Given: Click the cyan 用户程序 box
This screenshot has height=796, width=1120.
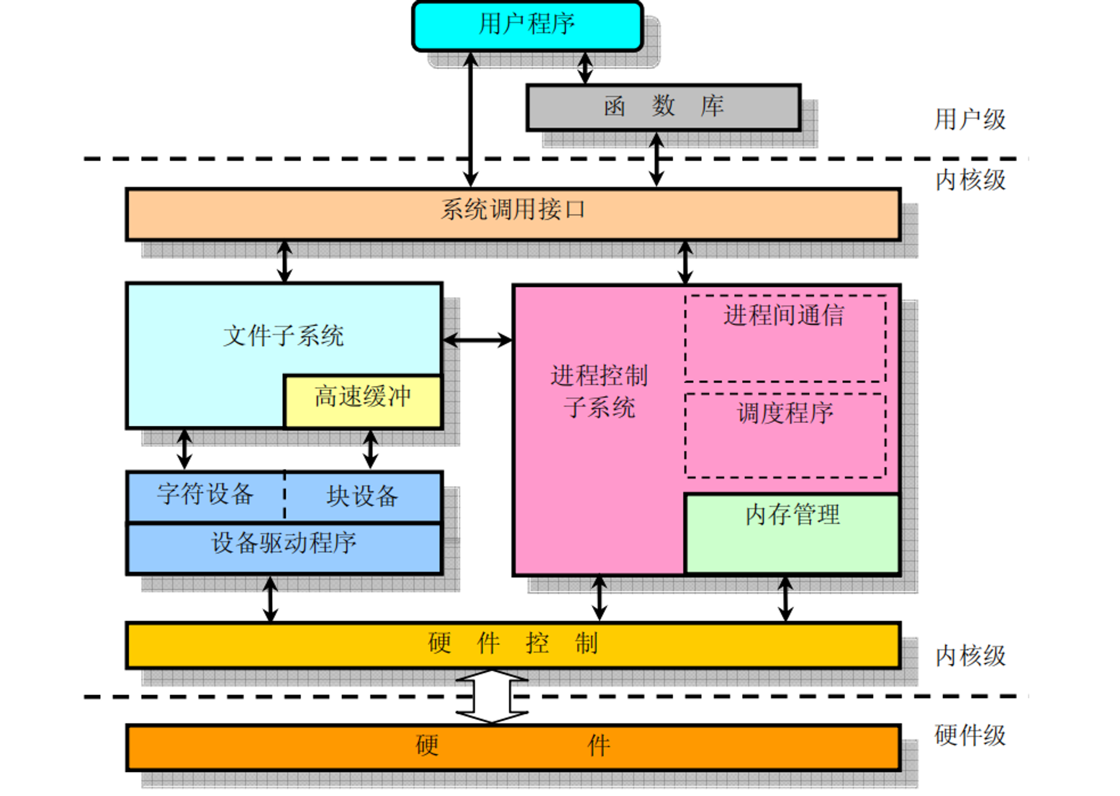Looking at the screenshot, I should coord(527,26).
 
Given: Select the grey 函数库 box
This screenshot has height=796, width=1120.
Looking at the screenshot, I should coord(663,106).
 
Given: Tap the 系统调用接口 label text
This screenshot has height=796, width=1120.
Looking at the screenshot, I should coord(512,210).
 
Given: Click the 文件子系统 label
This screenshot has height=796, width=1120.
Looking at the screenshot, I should coord(283,336).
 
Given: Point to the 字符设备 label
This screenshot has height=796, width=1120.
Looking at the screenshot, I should coord(206,495).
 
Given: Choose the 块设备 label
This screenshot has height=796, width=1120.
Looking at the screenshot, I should coord(362,496).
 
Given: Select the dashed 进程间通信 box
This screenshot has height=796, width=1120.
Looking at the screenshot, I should coord(785,339).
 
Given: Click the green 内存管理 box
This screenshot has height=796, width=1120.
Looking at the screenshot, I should coord(792,532).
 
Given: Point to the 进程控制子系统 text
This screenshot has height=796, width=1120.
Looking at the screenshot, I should coord(599,391).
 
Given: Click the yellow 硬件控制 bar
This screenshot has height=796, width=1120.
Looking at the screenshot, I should coord(512,644).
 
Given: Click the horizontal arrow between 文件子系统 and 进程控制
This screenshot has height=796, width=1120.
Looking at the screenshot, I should coord(477,339).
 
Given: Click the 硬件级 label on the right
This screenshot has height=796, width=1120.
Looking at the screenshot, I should coord(969,736).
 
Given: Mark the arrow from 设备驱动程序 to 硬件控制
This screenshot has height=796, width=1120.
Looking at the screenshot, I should coord(270,599).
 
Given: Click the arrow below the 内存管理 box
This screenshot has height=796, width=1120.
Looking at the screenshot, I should coord(785,599).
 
